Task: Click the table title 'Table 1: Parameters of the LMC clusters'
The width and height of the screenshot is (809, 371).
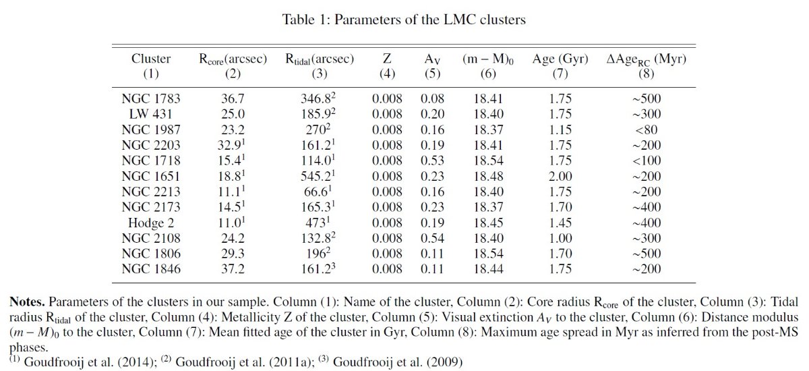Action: click(404, 19)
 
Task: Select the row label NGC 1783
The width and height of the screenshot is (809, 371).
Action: click(150, 98)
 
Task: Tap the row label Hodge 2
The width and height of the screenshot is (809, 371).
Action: click(150, 223)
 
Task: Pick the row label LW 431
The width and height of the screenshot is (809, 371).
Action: click(150, 114)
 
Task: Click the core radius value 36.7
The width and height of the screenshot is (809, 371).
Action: click(233, 98)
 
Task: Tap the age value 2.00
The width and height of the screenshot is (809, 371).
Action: click(560, 176)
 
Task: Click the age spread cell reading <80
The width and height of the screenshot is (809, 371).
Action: click(647, 130)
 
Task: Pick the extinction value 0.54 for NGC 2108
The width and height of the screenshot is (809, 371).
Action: click(432, 238)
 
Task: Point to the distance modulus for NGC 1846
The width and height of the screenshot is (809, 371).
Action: click(488, 269)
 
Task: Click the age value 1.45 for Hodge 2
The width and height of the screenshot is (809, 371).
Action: click(560, 223)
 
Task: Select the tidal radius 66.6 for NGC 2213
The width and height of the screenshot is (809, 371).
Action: click(318, 192)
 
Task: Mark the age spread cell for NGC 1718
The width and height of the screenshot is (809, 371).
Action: click(647, 161)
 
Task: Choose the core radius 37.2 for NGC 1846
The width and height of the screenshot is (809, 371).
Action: click(233, 269)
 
